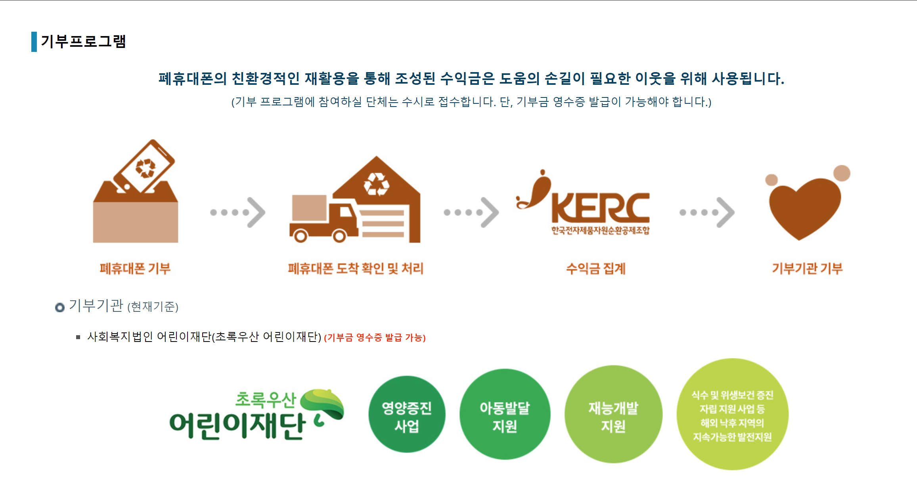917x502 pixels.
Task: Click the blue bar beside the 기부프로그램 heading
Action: pyautogui.click(x=34, y=42)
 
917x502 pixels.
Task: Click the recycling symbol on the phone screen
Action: pyautogui.click(x=145, y=168)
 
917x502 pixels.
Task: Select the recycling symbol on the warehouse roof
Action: pyautogui.click(x=376, y=184)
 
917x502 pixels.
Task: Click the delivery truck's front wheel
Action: pyautogui.click(x=339, y=236)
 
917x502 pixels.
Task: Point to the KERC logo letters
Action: pyautogui.click(x=600, y=208)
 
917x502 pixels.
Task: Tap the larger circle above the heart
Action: pyautogui.click(x=842, y=173)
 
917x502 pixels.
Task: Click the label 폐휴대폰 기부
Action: pyautogui.click(x=135, y=269)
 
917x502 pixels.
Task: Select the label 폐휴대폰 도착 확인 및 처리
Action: pyautogui.click(x=356, y=269)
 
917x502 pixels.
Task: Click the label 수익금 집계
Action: pyautogui.click(x=596, y=269)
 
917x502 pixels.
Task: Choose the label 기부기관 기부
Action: pyautogui.click(x=807, y=269)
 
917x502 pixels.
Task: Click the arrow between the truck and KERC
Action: pyautogui.click(x=471, y=212)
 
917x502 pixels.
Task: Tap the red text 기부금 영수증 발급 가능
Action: pyautogui.click(x=375, y=338)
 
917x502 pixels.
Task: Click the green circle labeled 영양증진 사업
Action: pyautogui.click(x=407, y=414)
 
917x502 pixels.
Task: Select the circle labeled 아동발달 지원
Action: pyautogui.click(x=505, y=414)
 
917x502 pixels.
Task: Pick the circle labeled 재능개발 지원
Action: pyautogui.click(x=613, y=414)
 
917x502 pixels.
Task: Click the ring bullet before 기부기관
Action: pyautogui.click(x=60, y=307)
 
